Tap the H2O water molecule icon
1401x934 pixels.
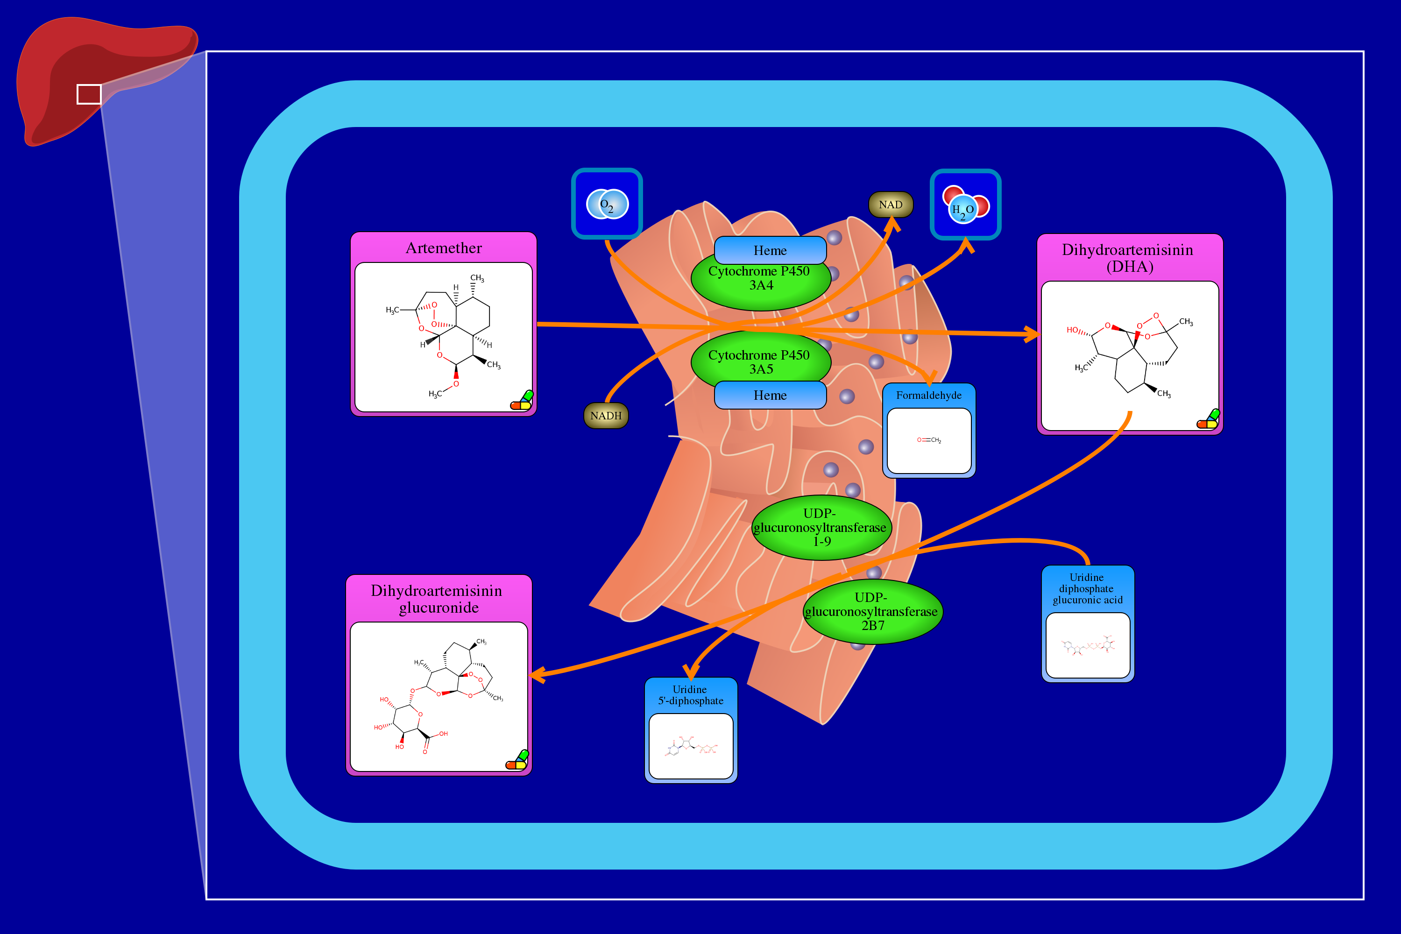[x=965, y=205]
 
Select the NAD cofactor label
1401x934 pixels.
[x=891, y=205]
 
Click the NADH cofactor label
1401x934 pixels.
[x=606, y=415]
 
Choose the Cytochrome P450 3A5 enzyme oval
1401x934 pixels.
[x=760, y=361]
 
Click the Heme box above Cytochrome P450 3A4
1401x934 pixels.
[x=770, y=250]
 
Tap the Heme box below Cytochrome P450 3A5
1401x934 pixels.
[x=770, y=395]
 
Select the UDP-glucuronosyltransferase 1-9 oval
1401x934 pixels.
[x=821, y=527]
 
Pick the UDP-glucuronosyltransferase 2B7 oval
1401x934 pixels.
[x=872, y=612]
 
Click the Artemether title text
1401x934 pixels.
[x=444, y=248]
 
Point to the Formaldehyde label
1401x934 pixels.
[x=929, y=395]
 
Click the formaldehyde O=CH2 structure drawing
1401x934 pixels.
[x=929, y=439]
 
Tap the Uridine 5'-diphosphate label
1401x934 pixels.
[x=690, y=694]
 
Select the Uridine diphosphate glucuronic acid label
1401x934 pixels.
[x=1087, y=588]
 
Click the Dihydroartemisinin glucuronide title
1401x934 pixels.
[x=437, y=599]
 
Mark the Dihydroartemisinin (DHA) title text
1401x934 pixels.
[x=1128, y=257]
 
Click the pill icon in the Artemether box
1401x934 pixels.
[x=522, y=400]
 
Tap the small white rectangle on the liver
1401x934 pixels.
[x=89, y=94]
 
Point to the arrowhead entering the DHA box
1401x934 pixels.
[x=1032, y=334]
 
